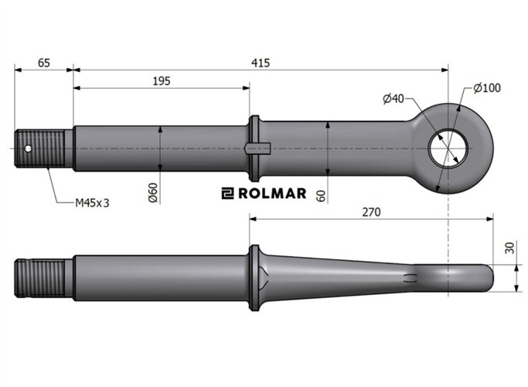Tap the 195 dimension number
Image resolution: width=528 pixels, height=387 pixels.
pyautogui.click(x=161, y=80)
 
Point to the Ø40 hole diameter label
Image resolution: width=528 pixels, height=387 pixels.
pyautogui.click(x=393, y=98)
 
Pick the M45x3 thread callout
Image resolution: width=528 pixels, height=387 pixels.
pyautogui.click(x=92, y=203)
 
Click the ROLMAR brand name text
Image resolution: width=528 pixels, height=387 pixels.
pyautogui.click(x=271, y=193)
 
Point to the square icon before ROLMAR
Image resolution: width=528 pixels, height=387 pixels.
pyautogui.click(x=227, y=193)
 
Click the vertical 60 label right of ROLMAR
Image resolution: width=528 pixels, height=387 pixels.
pyautogui.click(x=321, y=193)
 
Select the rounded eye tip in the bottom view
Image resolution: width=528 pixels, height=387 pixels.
pyautogui.click(x=483, y=276)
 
